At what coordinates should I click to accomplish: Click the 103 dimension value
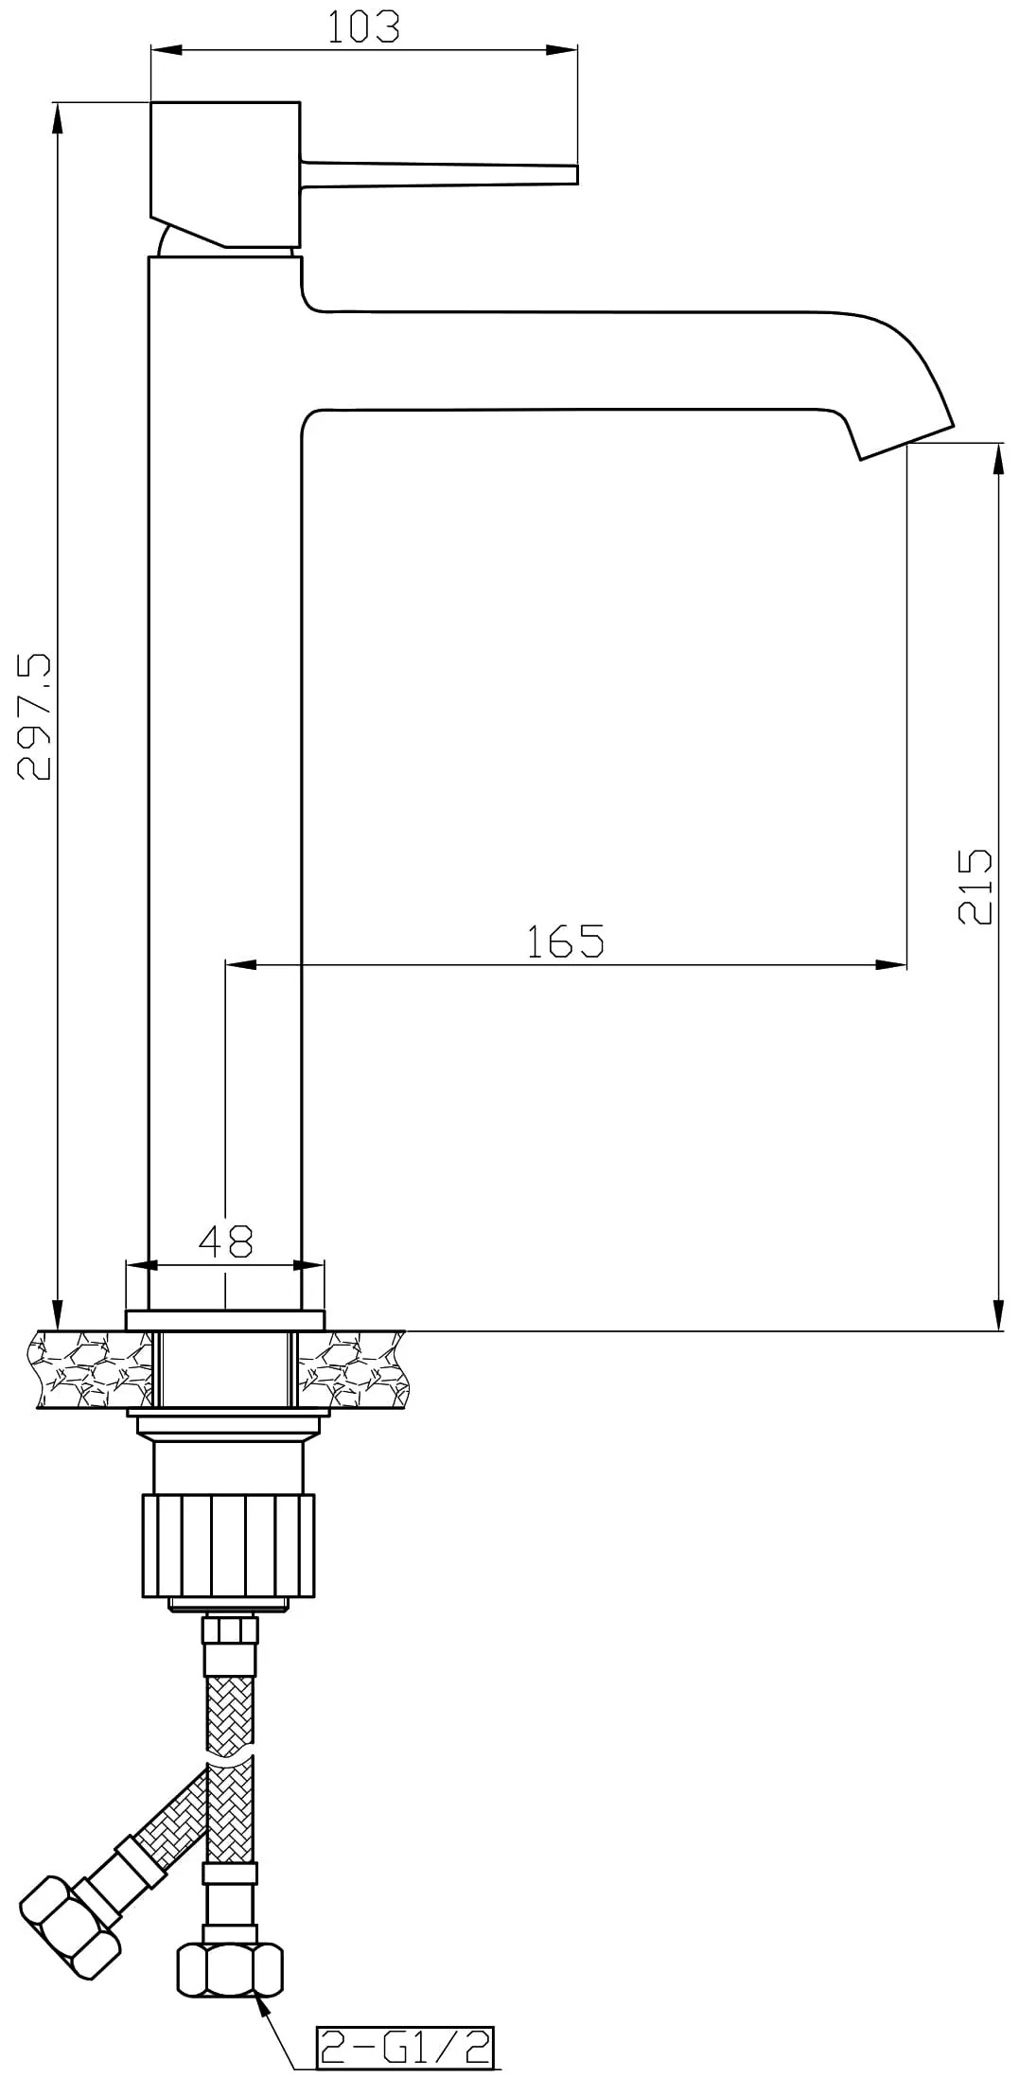(x=363, y=26)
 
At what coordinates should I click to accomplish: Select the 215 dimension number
(x=975, y=887)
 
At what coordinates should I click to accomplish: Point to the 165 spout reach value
(x=565, y=941)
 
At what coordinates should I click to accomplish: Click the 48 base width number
(x=225, y=1241)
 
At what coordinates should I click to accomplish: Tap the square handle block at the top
(x=225, y=174)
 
